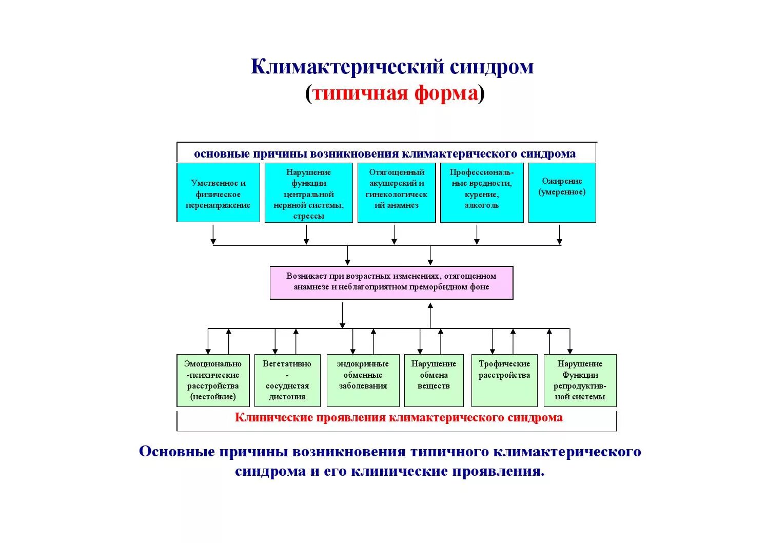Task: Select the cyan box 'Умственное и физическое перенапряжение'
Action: pyautogui.click(x=218, y=192)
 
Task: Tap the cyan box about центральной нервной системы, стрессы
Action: pyautogui.click(x=308, y=193)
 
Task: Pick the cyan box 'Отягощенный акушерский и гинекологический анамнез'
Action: pyautogui.click(x=396, y=193)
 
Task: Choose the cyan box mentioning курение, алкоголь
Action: pyautogui.click(x=482, y=193)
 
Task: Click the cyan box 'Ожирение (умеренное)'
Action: pyautogui.click(x=562, y=192)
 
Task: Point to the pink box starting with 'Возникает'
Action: pyautogui.click(x=391, y=282)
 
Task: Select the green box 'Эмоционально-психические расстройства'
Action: pyautogui.click(x=213, y=380)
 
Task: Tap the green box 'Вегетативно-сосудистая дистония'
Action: pyautogui.click(x=287, y=380)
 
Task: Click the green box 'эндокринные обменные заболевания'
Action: pyautogui.click(x=363, y=380)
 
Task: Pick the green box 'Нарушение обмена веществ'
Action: pyautogui.click(x=434, y=380)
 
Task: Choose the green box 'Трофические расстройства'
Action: pyautogui.click(x=504, y=380)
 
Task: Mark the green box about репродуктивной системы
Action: pyautogui.click(x=580, y=380)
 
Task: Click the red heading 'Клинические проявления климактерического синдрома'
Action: pyautogui.click(x=399, y=418)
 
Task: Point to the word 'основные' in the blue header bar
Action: pyautogui.click(x=222, y=154)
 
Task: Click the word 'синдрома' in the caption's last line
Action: pyautogui.click(x=270, y=472)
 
